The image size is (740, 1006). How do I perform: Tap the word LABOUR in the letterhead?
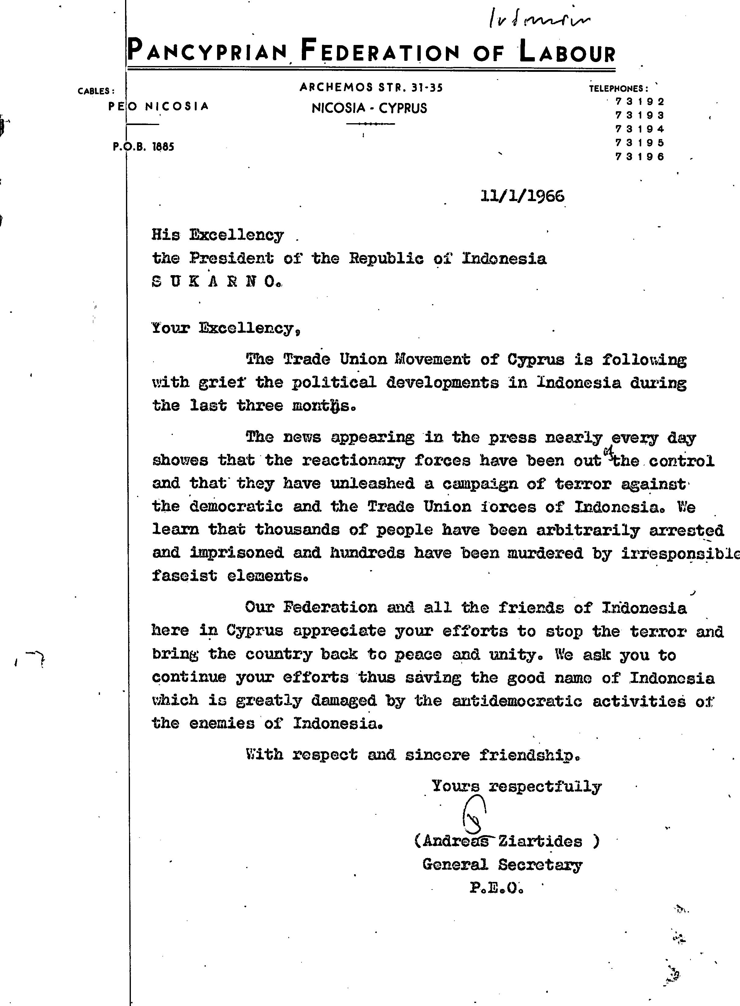point(567,52)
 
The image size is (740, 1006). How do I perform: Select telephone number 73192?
point(640,101)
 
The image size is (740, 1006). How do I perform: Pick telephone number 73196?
point(640,157)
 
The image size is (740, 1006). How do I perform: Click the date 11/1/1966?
point(522,196)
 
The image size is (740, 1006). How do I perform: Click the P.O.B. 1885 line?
point(143,146)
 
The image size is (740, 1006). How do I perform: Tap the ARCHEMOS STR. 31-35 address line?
point(371,87)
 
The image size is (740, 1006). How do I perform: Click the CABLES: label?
point(96,91)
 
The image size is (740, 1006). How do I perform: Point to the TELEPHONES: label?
point(618,89)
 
